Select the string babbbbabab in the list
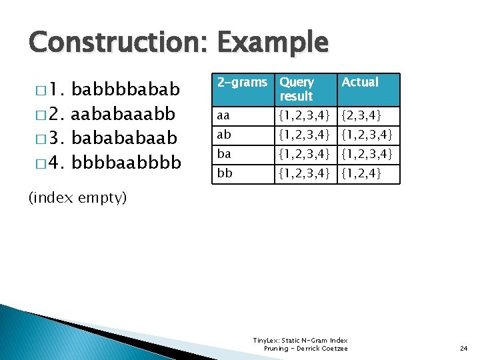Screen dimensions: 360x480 point(125,89)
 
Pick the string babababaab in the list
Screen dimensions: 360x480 point(124,137)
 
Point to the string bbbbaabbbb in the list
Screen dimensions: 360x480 point(125,162)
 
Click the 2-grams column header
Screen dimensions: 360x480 point(242,83)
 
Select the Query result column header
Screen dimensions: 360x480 point(297,89)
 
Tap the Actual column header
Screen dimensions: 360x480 point(360,83)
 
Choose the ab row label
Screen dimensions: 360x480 point(224,135)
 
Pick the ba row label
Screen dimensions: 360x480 point(224,155)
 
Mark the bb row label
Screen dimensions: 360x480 point(224,174)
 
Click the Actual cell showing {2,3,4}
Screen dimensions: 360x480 point(361,117)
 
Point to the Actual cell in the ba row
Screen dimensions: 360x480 point(367,155)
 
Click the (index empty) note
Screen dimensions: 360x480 point(77,198)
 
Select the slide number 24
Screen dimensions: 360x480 point(464,348)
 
